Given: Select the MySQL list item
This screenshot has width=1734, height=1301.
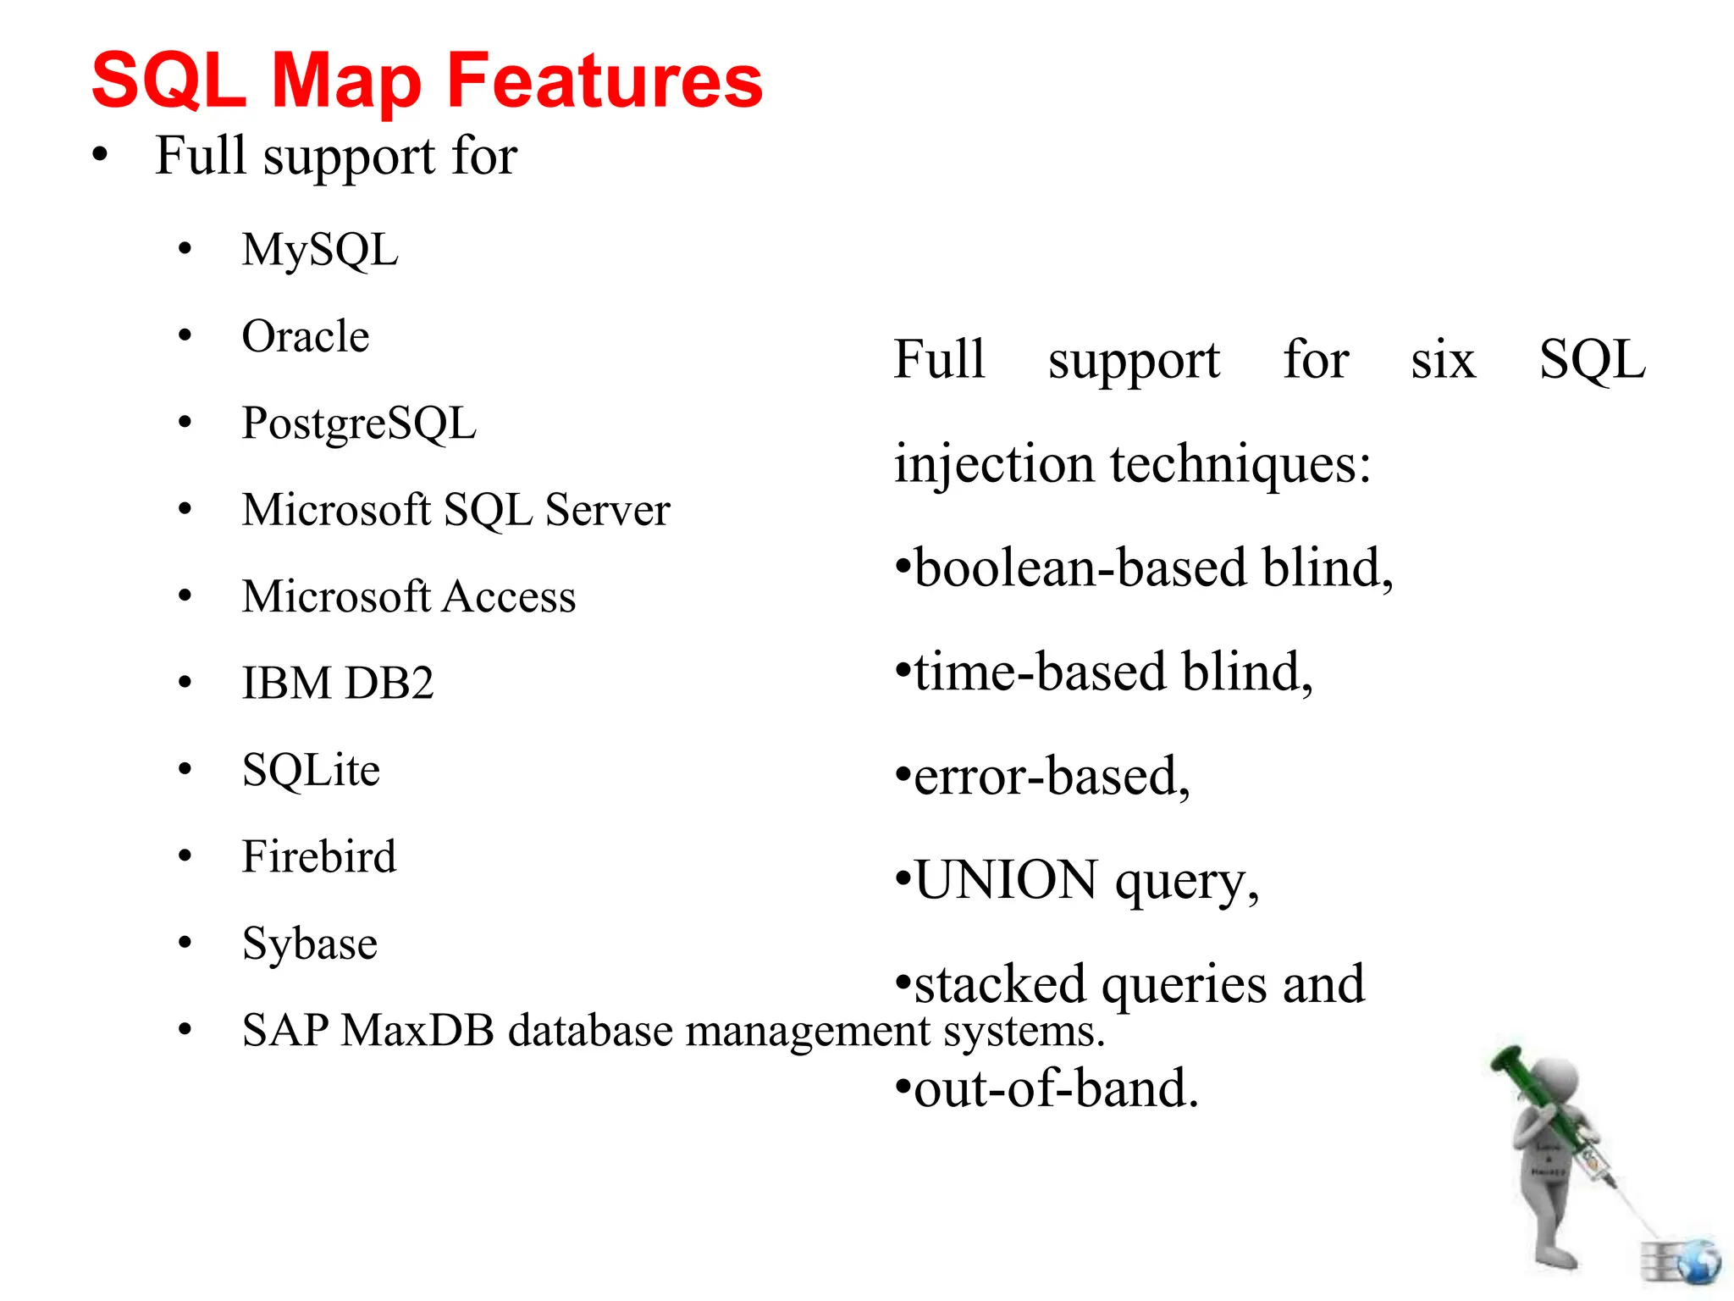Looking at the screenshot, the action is [320, 251].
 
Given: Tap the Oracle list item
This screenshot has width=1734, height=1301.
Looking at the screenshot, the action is [306, 336].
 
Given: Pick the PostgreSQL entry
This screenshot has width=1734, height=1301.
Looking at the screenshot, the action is [359, 424].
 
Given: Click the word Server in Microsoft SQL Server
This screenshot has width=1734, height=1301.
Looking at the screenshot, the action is [607, 510].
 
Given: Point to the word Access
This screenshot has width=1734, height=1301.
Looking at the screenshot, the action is [510, 596].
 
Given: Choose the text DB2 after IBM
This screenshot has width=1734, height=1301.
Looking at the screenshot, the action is [389, 683].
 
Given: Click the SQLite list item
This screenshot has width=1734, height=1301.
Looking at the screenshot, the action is [311, 770].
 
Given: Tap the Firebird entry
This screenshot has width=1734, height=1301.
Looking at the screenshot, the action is [319, 856].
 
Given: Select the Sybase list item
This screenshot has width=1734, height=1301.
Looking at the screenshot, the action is [310, 944].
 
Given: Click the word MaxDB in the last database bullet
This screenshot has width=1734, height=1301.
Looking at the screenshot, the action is [417, 1031].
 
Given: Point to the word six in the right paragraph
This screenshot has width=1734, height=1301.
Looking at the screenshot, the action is [1443, 359].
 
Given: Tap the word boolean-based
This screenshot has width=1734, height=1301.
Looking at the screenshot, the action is [1081, 567].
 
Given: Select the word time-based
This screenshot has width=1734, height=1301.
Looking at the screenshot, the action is [1041, 672].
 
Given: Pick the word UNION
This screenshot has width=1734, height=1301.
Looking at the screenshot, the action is [1007, 880].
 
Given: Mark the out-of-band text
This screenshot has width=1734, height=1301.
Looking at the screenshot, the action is [1057, 1088].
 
